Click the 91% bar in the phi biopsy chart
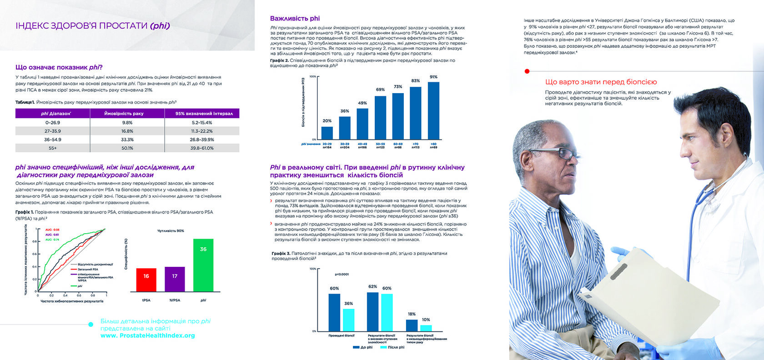point(433,110)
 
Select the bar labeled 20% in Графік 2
point(327,133)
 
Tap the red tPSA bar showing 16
point(146,280)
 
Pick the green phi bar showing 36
point(203,265)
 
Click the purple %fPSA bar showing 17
point(175,279)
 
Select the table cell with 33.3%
point(127,140)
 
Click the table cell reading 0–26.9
point(53,123)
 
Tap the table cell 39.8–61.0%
point(202,148)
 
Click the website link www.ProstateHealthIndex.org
point(148,336)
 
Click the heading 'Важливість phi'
point(295,19)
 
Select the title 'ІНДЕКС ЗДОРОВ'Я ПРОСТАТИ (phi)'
point(93,26)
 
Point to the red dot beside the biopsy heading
point(527,71)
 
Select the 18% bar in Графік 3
point(412,325)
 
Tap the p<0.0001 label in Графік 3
point(342,274)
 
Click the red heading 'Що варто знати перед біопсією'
point(601,82)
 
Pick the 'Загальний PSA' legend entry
point(87,269)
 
